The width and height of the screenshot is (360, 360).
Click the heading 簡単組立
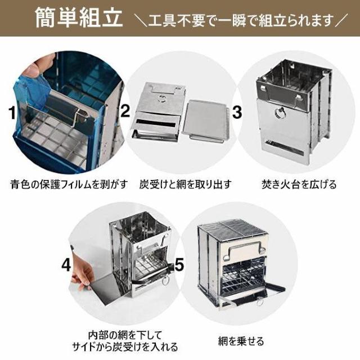pos(79,18)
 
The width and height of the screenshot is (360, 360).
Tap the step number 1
pos(12,113)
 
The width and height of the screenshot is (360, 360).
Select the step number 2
pos(125,111)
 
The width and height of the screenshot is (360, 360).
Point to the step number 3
pos(237,112)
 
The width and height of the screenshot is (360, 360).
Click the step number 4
pos(66,265)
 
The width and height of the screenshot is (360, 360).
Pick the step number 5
pos(179,264)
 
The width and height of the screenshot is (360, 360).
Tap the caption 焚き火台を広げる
pos(299,184)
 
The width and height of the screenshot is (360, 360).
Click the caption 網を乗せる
pos(241,341)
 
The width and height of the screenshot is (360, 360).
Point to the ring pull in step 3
pos(279,114)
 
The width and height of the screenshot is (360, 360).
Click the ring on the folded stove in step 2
pos(162,98)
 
